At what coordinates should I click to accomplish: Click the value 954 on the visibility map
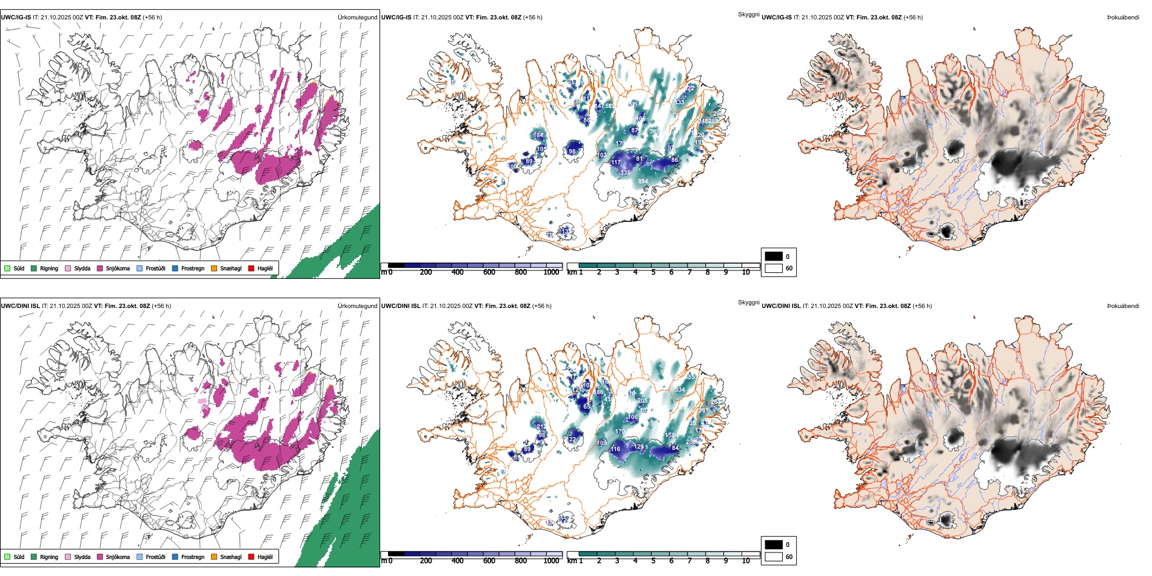[x=643, y=181]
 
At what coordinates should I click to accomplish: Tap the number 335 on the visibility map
[x=625, y=173]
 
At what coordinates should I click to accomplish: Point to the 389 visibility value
[x=654, y=132]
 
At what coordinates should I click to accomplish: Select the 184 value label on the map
[x=538, y=135]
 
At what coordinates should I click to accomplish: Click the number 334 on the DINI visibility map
[x=680, y=390]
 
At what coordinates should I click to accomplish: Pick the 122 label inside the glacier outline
[x=572, y=440]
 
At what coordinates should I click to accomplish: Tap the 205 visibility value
[x=643, y=401]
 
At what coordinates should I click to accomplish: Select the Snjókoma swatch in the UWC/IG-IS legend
[x=100, y=268]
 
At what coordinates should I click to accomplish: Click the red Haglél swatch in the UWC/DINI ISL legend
[x=251, y=557]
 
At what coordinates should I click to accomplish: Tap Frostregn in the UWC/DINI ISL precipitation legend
[x=175, y=557]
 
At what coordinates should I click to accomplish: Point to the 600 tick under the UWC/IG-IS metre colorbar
[x=489, y=272]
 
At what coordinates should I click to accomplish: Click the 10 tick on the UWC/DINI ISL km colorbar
[x=746, y=561]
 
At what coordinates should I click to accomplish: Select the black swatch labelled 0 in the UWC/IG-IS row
[x=773, y=256]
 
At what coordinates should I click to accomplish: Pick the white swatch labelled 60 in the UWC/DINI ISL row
[x=773, y=557]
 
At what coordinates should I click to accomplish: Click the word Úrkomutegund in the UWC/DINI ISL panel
[x=357, y=306]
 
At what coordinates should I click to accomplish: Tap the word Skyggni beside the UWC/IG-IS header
[x=748, y=14]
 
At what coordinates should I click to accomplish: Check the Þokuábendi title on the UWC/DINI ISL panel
[x=1123, y=306]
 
